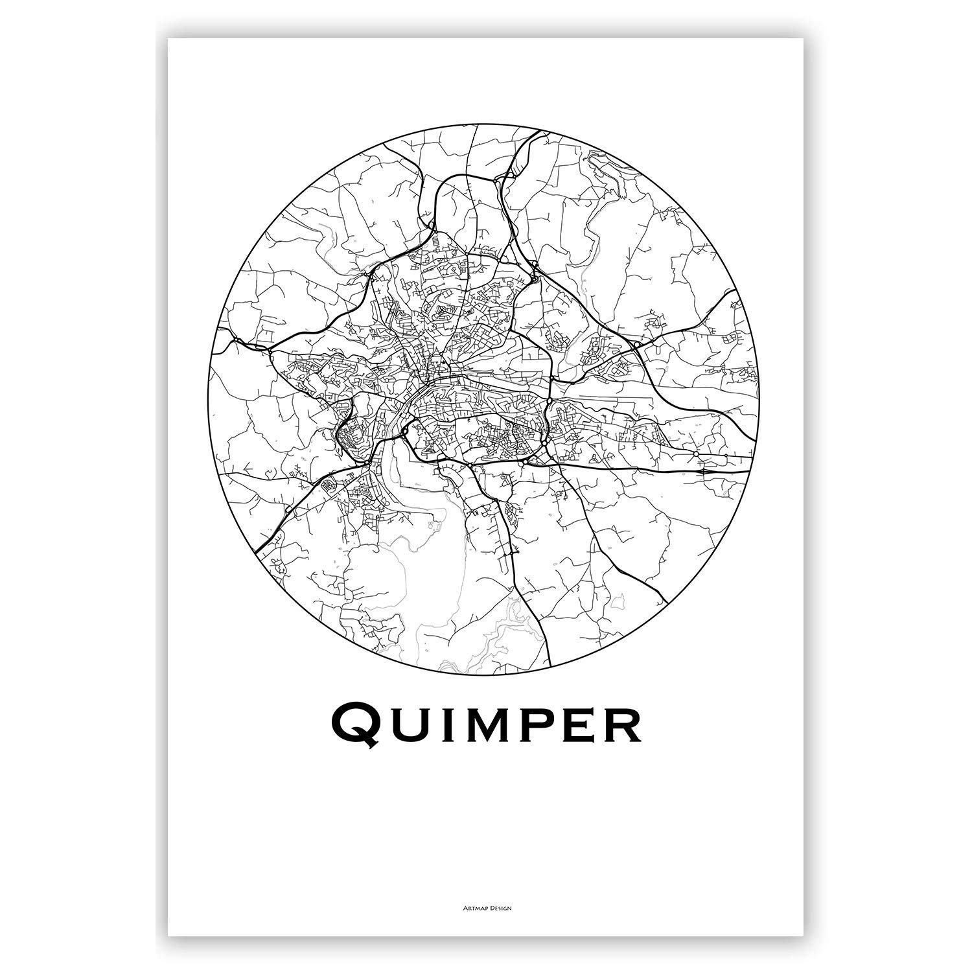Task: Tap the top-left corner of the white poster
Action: click(168, 39)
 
